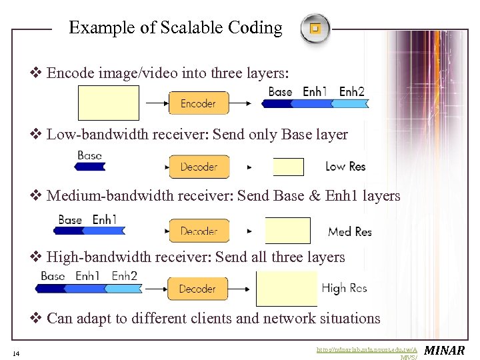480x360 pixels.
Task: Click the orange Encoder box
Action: coord(198,103)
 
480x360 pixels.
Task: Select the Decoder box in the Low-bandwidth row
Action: coord(199,167)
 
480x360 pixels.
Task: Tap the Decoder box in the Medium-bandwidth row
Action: coord(199,231)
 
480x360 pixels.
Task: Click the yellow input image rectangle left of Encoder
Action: coord(109,103)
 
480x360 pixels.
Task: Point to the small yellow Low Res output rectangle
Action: coord(288,167)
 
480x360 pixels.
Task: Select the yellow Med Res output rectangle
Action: coord(288,230)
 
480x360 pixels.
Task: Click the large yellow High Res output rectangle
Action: coord(287,288)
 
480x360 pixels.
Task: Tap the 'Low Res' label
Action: coord(345,167)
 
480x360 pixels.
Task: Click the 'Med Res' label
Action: coord(350,231)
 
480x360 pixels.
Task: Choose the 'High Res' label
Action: coord(344,288)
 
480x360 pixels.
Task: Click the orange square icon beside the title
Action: coord(315,29)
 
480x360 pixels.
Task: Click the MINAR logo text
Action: coord(445,351)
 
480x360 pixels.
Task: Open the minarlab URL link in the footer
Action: coord(369,349)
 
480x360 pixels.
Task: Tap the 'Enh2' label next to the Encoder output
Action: coord(352,91)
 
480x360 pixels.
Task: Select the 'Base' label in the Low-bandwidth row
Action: coord(89,155)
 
